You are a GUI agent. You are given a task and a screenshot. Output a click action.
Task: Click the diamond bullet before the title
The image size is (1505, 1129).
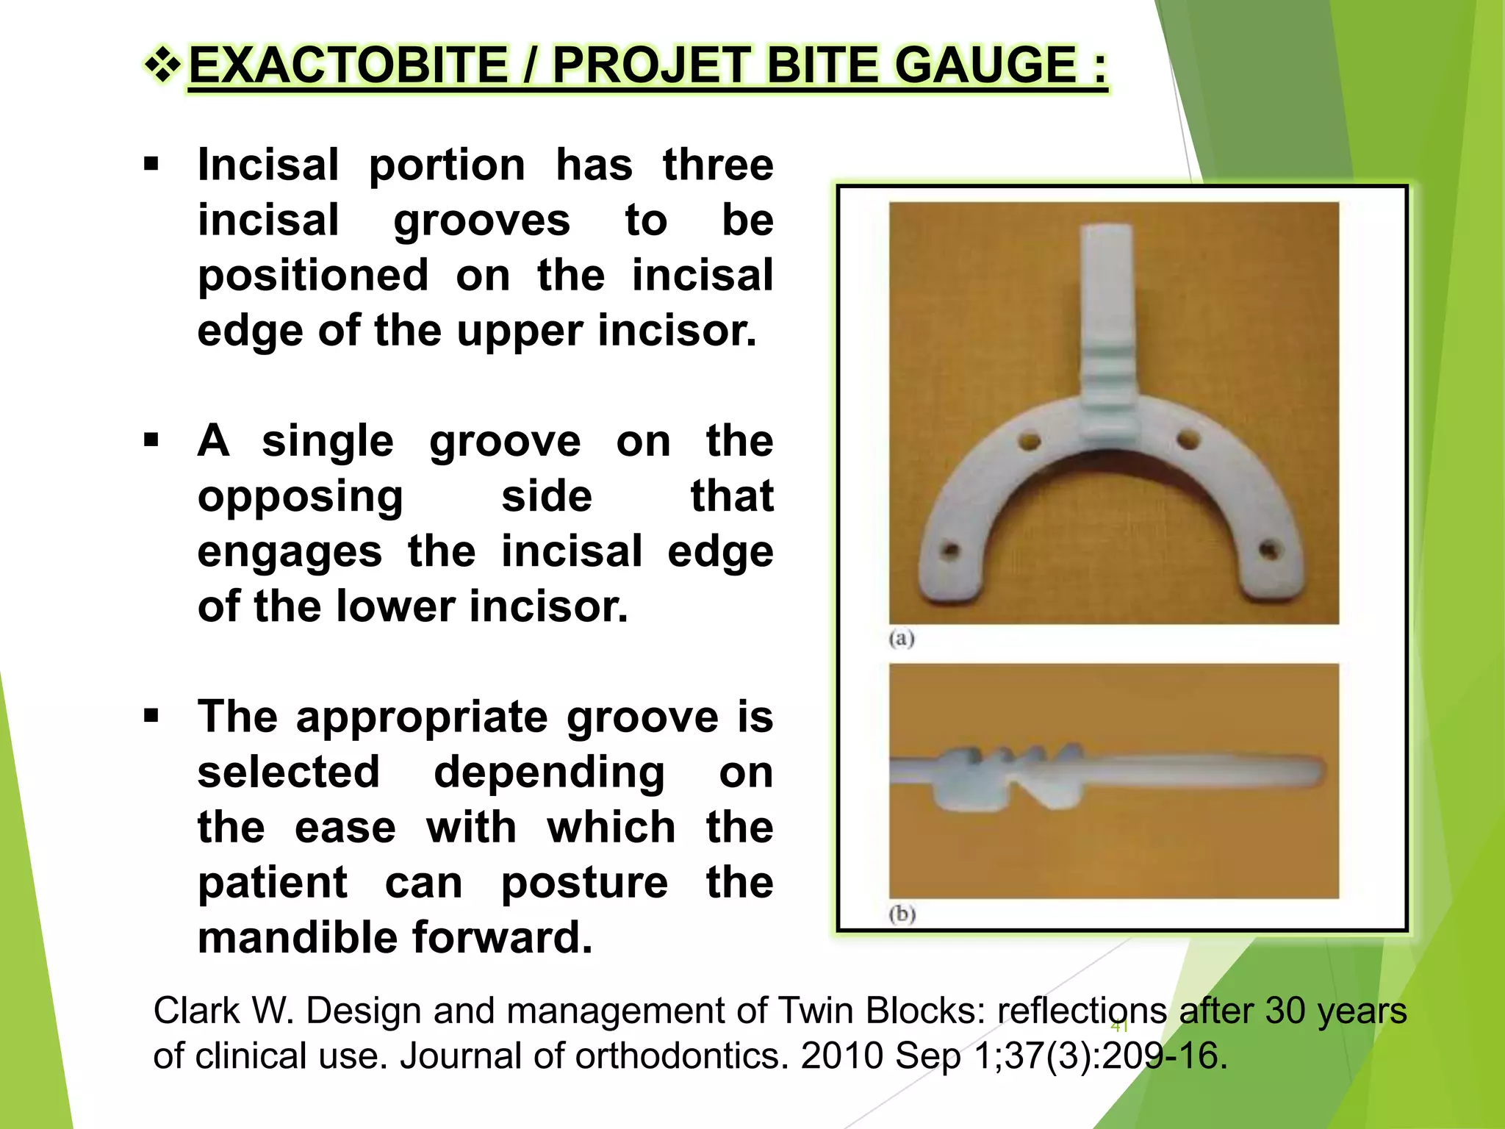(x=162, y=65)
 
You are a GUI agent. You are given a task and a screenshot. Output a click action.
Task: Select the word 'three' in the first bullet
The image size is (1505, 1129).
(x=718, y=165)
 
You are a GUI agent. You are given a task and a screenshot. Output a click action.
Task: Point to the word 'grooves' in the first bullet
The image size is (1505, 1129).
(x=481, y=220)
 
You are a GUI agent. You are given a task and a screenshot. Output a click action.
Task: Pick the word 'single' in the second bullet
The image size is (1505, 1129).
(x=328, y=441)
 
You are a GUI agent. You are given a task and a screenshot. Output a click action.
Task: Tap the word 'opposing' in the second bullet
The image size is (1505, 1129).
(x=300, y=498)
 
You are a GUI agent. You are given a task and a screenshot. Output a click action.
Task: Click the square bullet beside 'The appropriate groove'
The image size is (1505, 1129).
(x=151, y=715)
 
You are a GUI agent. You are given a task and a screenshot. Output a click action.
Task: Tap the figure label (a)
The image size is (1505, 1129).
(x=902, y=638)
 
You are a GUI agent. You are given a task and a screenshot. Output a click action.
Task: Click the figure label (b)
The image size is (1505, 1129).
(x=902, y=914)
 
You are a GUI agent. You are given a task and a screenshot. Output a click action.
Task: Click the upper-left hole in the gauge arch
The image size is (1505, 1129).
(x=1030, y=442)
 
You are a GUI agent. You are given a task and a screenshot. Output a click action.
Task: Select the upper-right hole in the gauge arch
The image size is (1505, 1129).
(x=1187, y=440)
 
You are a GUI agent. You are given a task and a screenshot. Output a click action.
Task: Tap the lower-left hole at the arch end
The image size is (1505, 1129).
(x=951, y=551)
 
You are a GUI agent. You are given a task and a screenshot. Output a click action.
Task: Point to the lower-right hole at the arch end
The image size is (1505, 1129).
(x=1268, y=549)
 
